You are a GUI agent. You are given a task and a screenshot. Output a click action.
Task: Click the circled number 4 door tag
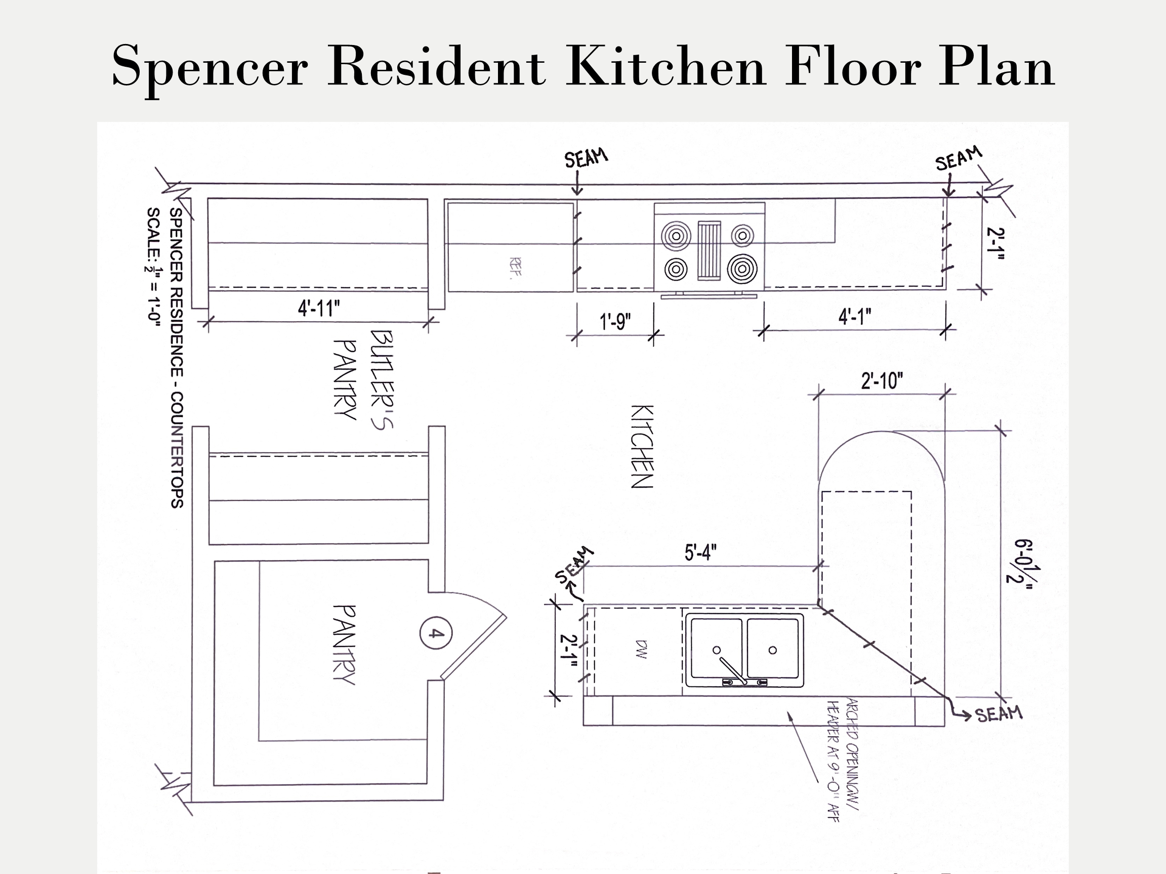pyautogui.click(x=435, y=633)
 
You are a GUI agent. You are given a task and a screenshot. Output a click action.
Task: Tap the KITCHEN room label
pyautogui.click(x=642, y=447)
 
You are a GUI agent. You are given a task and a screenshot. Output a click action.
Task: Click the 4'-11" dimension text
pyautogui.click(x=319, y=308)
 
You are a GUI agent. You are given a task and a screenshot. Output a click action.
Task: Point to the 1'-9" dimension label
pyautogui.click(x=615, y=321)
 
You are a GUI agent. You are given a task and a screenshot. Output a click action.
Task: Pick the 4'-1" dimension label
pyautogui.click(x=854, y=317)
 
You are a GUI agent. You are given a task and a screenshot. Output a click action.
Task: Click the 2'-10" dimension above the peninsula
pyautogui.click(x=882, y=381)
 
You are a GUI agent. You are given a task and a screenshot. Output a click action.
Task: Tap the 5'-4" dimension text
pyautogui.click(x=700, y=553)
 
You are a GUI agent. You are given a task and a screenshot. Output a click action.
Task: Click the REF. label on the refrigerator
pyautogui.click(x=516, y=267)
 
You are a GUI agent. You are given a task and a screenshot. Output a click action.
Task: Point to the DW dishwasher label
pyautogui.click(x=642, y=649)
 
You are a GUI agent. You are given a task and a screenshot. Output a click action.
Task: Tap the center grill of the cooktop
pyautogui.click(x=709, y=250)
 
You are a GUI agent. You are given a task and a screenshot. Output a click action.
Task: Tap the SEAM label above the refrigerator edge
pyautogui.click(x=586, y=158)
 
